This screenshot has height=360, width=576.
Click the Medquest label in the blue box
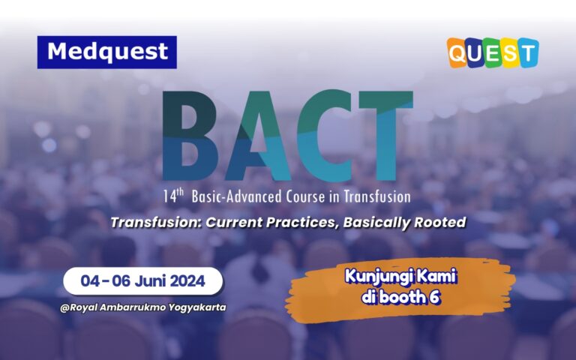point(106,52)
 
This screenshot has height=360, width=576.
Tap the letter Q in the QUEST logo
point(460,53)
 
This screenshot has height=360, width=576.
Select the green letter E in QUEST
point(493,53)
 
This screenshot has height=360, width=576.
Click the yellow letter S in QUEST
point(510,53)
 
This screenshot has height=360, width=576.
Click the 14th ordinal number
point(175,196)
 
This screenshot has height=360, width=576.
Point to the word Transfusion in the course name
point(379,197)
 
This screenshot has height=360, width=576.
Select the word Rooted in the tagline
point(441,222)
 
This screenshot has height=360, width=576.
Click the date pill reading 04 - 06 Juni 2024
point(142,281)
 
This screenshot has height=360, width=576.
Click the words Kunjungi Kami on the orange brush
point(400,277)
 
